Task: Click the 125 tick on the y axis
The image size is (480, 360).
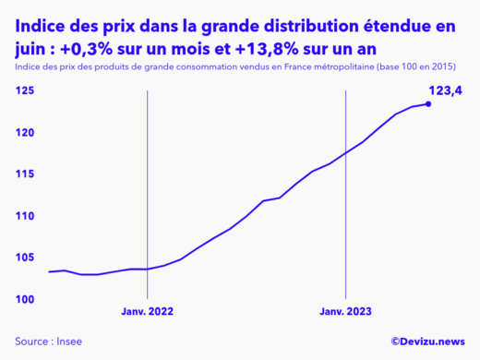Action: click(26, 90)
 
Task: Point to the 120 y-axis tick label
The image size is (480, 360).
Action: click(26, 133)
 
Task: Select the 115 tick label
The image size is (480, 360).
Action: click(26, 174)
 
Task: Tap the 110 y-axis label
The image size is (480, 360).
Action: click(26, 216)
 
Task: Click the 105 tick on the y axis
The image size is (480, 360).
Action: click(26, 258)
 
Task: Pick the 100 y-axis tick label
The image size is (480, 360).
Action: click(26, 299)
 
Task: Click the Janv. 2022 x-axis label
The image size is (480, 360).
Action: click(148, 313)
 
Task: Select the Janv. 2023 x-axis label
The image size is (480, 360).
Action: click(345, 313)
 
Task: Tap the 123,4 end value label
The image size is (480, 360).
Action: click(445, 90)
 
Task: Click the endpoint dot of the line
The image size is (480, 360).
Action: click(427, 103)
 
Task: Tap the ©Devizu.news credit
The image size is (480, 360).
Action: click(426, 342)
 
